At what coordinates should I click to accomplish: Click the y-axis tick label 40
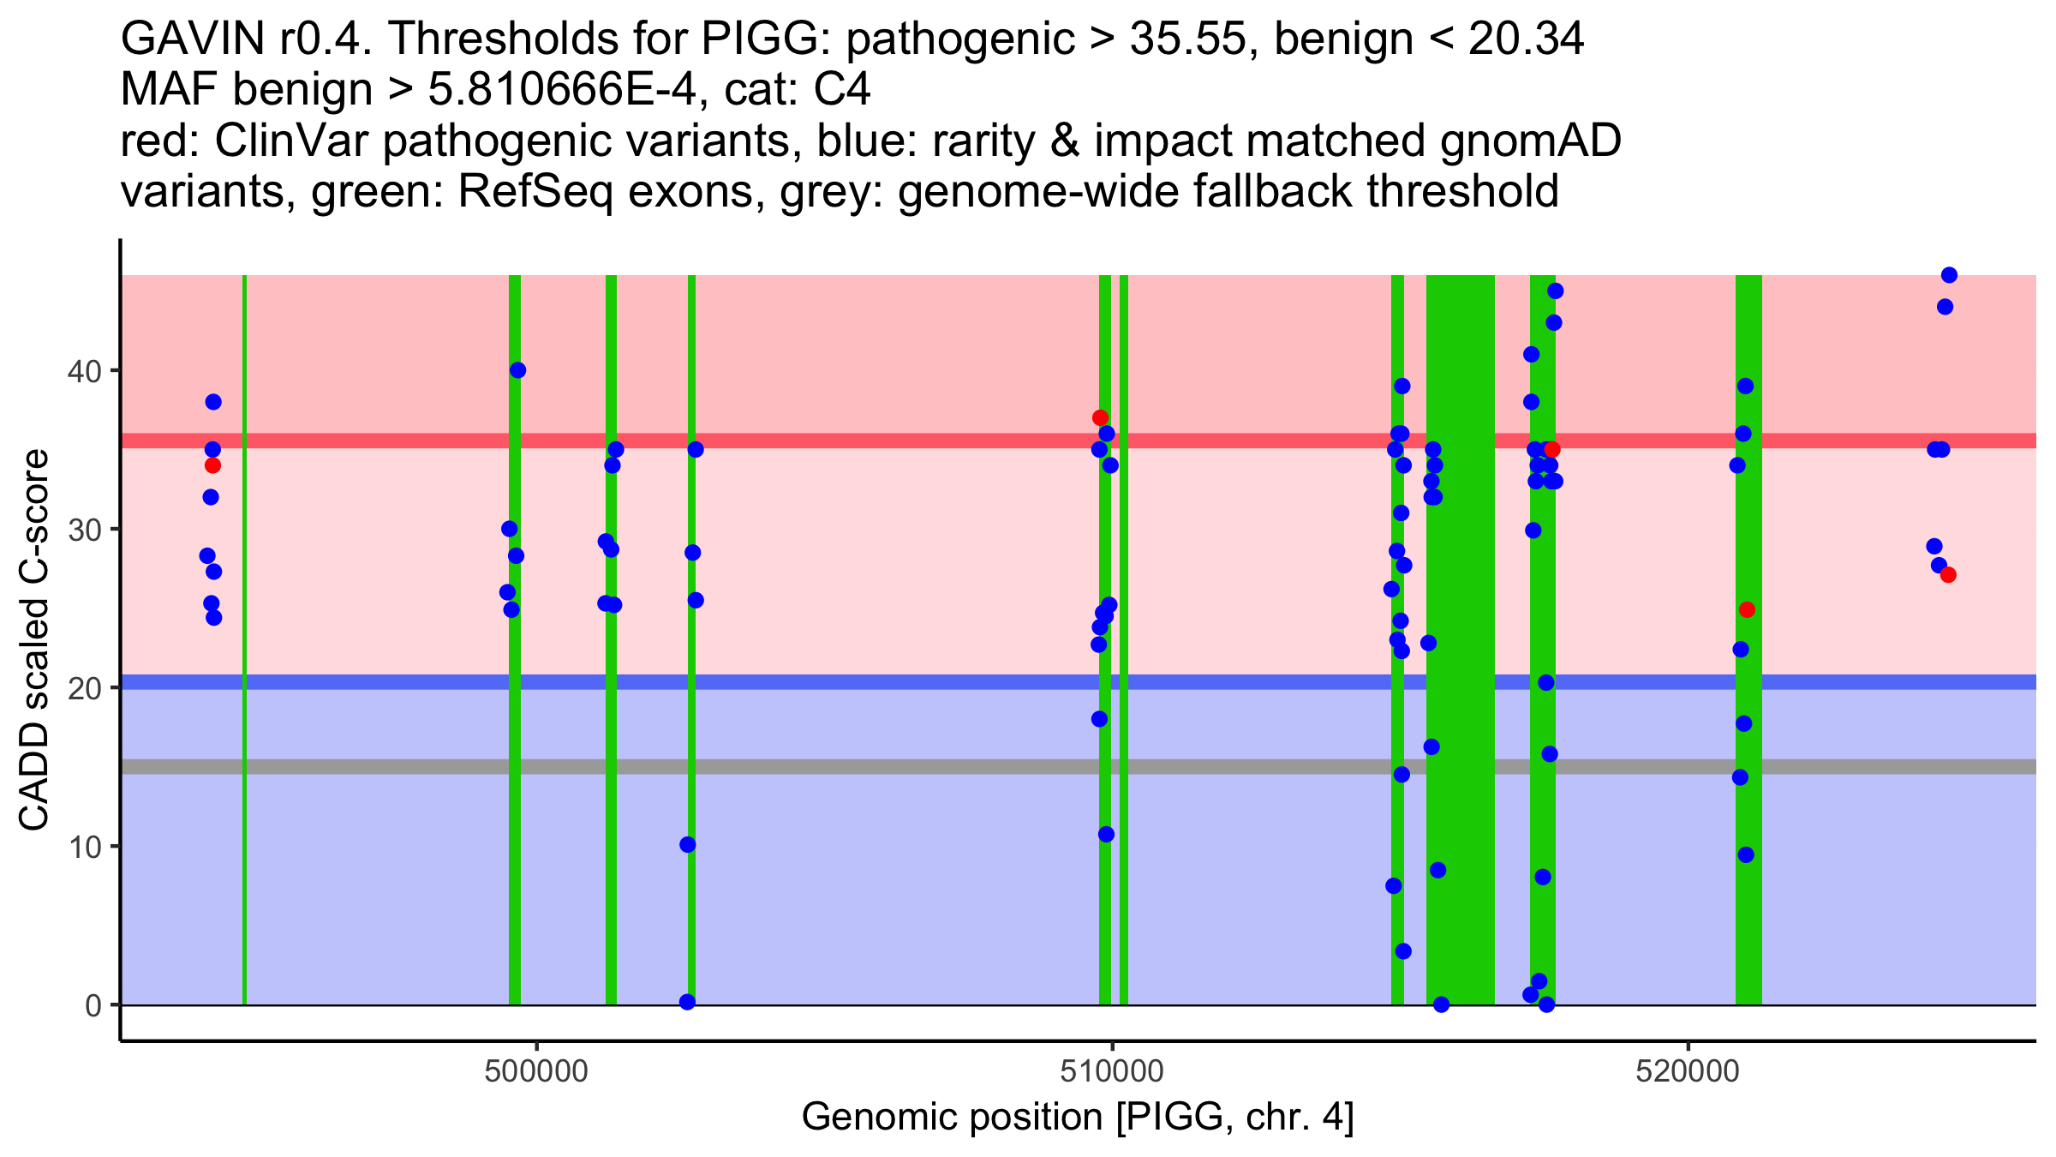tap(84, 371)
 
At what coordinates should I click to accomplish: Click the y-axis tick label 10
tap(84, 847)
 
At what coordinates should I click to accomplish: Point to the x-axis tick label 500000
tap(536, 1071)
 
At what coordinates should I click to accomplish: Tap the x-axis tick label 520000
tap(1688, 1071)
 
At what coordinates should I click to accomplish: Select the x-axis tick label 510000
tap(1112, 1071)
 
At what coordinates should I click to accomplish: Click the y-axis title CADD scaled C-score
tap(34, 641)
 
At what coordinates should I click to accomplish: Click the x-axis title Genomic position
tap(1078, 1118)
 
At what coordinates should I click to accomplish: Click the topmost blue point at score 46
tap(1949, 275)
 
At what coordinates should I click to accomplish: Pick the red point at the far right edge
tap(1948, 575)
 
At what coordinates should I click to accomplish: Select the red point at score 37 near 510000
tap(1100, 418)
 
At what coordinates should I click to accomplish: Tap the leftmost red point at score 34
tap(212, 465)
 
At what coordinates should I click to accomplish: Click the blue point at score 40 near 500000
tap(517, 370)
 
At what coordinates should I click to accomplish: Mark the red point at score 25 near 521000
tap(1747, 610)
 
